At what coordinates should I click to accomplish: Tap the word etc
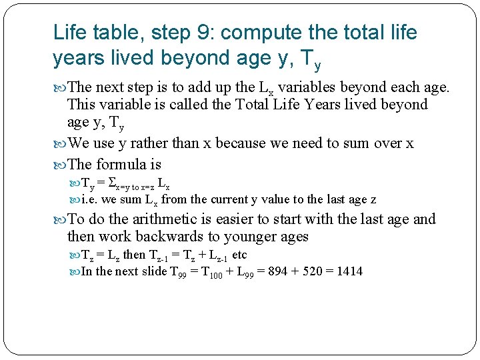(x=239, y=255)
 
